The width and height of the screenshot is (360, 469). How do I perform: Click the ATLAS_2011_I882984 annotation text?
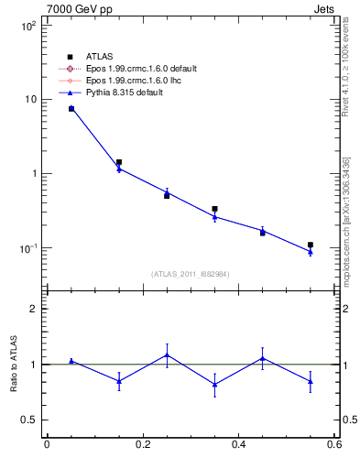(190, 274)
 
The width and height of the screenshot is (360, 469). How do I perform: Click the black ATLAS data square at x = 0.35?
(214, 209)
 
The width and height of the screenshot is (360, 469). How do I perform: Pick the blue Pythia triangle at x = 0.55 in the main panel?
(311, 252)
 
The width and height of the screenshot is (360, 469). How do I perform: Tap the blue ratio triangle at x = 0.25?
(167, 354)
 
